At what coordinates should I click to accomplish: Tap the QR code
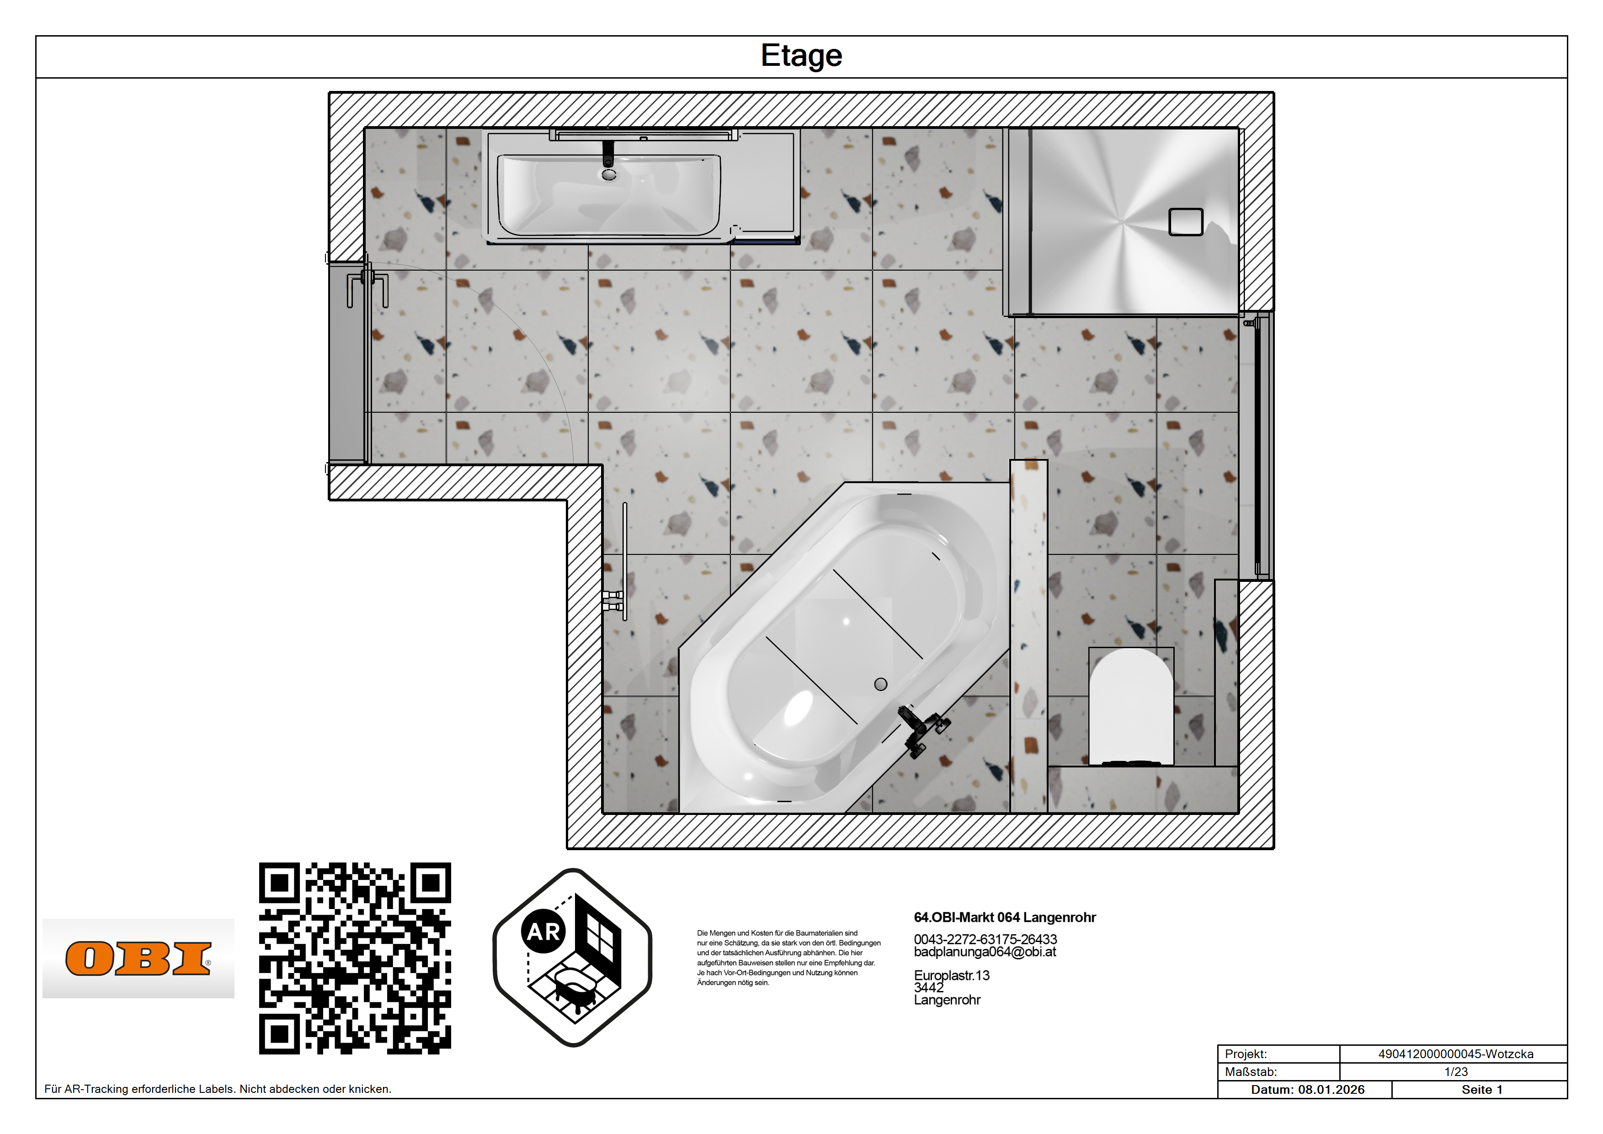[355, 958]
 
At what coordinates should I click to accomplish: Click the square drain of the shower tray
[1186, 222]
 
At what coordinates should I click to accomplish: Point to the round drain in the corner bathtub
[880, 684]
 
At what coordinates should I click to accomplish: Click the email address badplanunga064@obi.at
[985, 952]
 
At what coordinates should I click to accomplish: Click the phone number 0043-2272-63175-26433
[985, 939]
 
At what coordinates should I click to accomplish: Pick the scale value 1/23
[1456, 1072]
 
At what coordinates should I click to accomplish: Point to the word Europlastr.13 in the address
[952, 975]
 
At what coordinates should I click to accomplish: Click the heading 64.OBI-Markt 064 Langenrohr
[1005, 917]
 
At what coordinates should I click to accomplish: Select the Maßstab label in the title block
[1251, 1072]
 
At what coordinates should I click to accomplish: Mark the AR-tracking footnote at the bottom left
[218, 1089]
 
